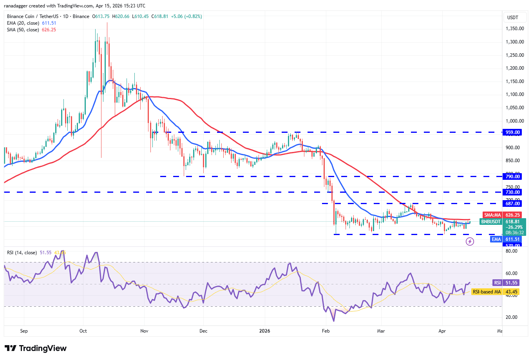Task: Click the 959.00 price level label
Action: [x=512, y=132]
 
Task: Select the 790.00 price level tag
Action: [x=512, y=177]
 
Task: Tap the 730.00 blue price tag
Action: [x=512, y=192]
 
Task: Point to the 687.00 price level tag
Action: [x=512, y=204]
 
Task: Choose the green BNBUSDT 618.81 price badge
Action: [x=503, y=222]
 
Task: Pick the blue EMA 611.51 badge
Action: [x=506, y=239]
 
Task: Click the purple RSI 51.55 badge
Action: [x=506, y=283]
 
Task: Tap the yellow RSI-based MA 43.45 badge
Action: [x=496, y=292]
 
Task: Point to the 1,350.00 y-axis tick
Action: [x=514, y=29]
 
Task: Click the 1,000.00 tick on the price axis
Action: [x=514, y=121]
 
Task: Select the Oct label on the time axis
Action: [x=83, y=331]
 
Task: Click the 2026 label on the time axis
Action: [x=265, y=331]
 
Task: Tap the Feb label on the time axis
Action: [x=326, y=331]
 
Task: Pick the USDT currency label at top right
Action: [x=513, y=18]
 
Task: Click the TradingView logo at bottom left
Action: [x=36, y=348]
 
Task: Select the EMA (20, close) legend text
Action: [x=24, y=23]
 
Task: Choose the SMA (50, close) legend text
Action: [x=23, y=30]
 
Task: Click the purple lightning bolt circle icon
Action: [x=470, y=241]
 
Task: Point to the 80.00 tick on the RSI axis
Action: [x=511, y=251]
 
